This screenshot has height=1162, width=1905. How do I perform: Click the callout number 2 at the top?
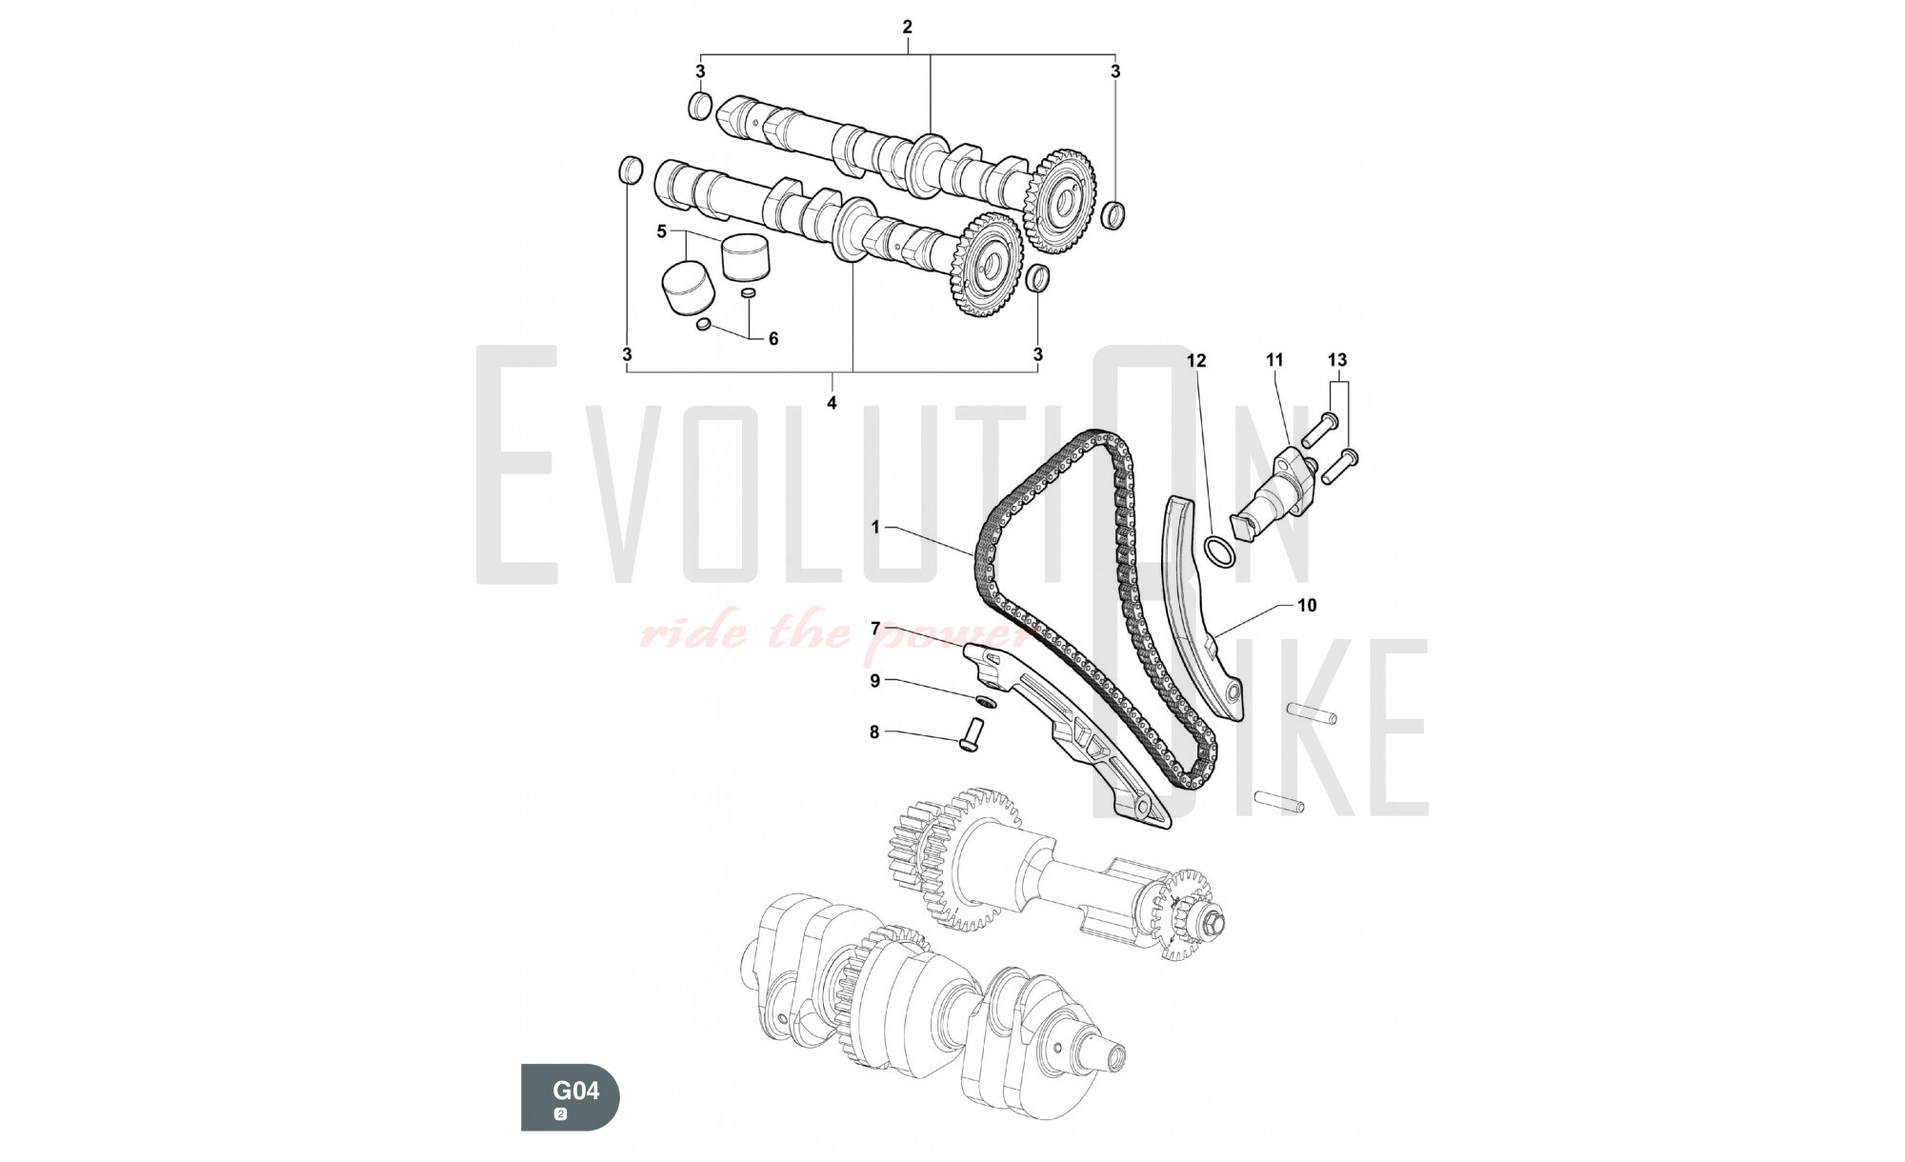click(x=907, y=27)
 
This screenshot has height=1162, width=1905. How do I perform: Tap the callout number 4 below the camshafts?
click(x=832, y=403)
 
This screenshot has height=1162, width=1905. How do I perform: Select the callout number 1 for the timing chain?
click(x=875, y=527)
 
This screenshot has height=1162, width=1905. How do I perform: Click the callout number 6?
click(x=773, y=338)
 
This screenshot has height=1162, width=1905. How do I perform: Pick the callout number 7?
click(x=875, y=629)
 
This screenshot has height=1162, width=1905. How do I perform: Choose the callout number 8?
click(x=874, y=732)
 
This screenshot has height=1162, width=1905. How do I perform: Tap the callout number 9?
click(x=874, y=681)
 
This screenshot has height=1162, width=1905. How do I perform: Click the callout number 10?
click(x=1307, y=605)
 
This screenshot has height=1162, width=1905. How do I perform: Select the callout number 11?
click(x=1274, y=360)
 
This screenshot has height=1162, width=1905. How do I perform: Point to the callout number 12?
click(x=1196, y=361)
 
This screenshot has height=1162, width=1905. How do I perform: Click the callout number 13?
click(x=1337, y=360)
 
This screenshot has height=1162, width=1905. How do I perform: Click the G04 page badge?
click(x=570, y=1097)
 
